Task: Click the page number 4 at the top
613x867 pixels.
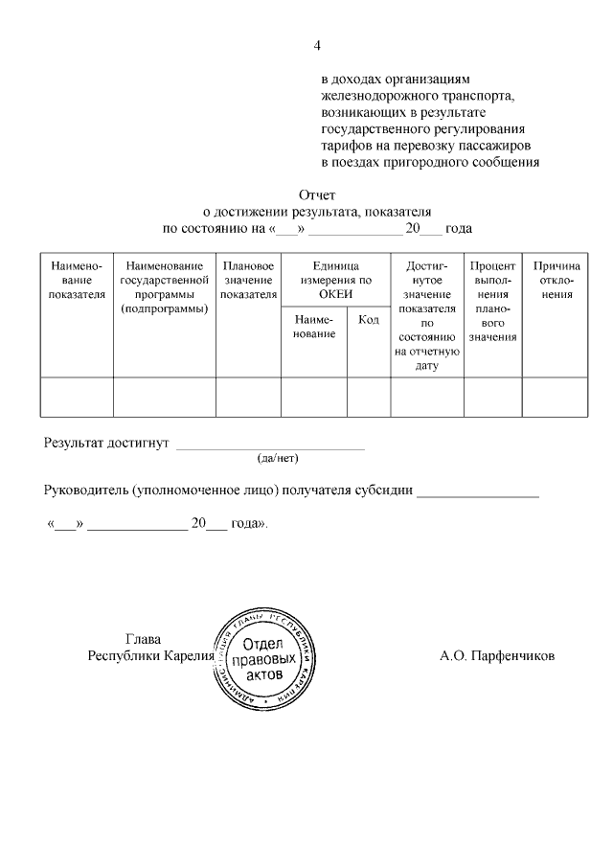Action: tap(318, 45)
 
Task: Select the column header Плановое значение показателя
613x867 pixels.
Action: tap(248, 279)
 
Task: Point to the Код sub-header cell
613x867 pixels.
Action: tap(368, 319)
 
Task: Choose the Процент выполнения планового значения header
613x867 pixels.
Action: tap(492, 300)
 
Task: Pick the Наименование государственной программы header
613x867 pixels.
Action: tap(165, 285)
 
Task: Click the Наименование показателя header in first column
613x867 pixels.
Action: tap(77, 279)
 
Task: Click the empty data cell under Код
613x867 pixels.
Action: tap(368, 398)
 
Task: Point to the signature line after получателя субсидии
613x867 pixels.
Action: tap(478, 494)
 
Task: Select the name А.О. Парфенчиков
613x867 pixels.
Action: tap(497, 657)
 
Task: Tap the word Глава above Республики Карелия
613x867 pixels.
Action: tap(144, 639)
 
